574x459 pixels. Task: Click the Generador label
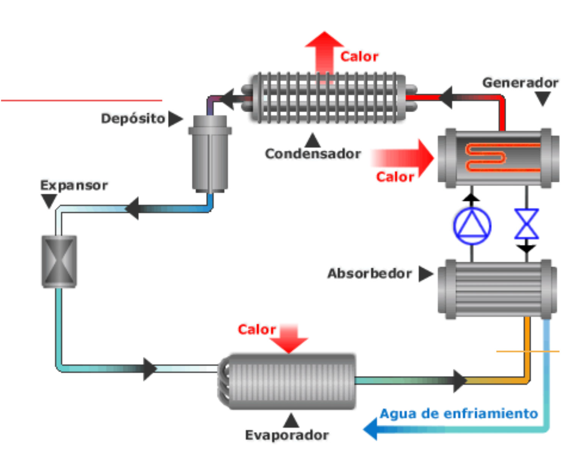coord(520,82)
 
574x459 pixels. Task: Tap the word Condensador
coord(313,154)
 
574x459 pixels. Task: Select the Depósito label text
coord(133,118)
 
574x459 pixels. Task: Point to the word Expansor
coord(74,185)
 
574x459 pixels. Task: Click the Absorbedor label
coord(369,273)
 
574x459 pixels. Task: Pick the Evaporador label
coord(287,435)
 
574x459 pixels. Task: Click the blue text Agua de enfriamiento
coord(459,413)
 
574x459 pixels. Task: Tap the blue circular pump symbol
coord(472,226)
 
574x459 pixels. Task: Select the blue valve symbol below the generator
coord(527,224)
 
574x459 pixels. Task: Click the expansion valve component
coord(59,261)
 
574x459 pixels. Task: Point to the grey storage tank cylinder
coord(210,154)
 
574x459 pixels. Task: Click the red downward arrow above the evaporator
coord(289,338)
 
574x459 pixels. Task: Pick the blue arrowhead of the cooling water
coord(371,429)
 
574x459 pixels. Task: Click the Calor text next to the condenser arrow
coord(359,56)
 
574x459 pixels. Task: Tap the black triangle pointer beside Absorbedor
coord(425,274)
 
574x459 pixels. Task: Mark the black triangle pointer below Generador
coord(543,99)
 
